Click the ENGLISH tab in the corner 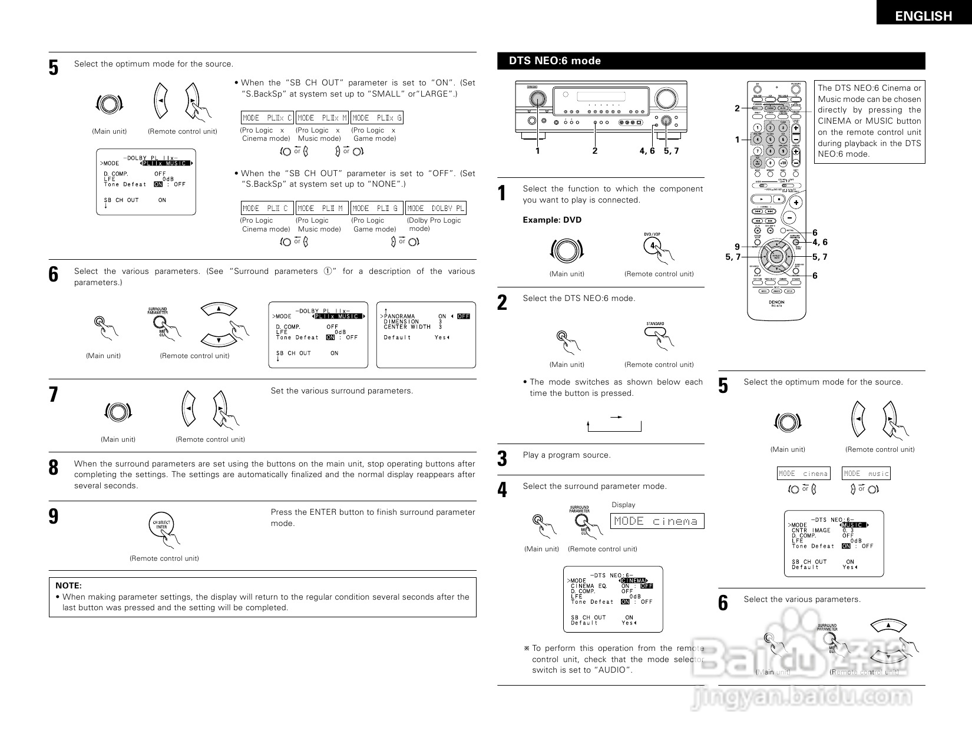[x=923, y=16]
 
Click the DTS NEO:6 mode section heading [x=555, y=61]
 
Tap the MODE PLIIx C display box [x=267, y=118]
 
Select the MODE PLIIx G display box [x=377, y=118]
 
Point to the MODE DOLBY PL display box [x=436, y=208]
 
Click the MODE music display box [x=865, y=474]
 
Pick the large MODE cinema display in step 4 [x=656, y=521]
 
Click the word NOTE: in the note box [x=68, y=585]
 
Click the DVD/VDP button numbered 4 [x=653, y=246]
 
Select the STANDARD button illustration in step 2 [x=655, y=332]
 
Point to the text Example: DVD [x=552, y=220]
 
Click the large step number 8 [x=54, y=468]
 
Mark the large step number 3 [x=502, y=459]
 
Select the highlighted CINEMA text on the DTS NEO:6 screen [x=633, y=581]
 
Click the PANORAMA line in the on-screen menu [x=399, y=316]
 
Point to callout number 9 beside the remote [x=736, y=247]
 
